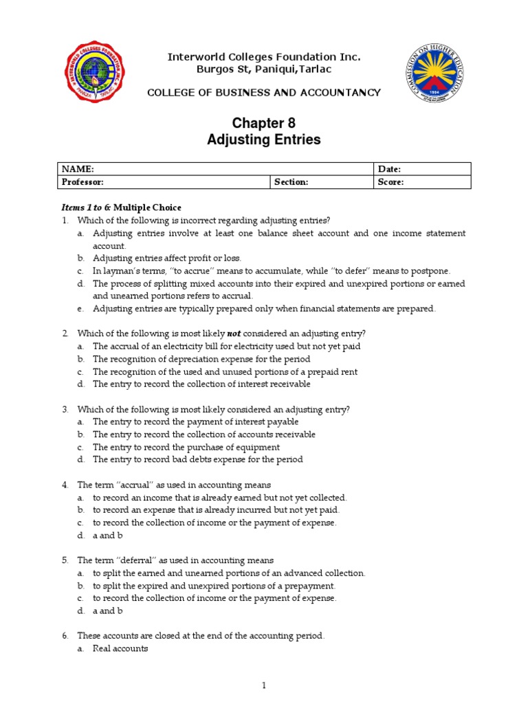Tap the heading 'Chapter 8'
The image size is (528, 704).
(264, 123)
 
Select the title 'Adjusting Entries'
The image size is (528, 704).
(264, 140)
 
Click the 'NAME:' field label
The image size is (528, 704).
(78, 169)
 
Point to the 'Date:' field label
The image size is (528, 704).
(389, 169)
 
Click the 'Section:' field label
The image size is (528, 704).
(291, 182)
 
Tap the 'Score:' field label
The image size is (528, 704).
(390, 182)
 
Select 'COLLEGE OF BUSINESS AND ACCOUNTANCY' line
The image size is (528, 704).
(264, 93)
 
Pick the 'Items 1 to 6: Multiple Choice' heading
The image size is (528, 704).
(122, 208)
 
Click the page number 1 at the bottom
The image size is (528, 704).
(263, 685)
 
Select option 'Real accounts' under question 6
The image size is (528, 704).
(120, 648)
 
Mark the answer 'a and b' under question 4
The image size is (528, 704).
(108, 536)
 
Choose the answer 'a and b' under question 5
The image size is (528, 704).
(108, 610)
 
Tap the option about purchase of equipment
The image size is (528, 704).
(186, 447)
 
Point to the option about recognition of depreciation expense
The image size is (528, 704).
(201, 359)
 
